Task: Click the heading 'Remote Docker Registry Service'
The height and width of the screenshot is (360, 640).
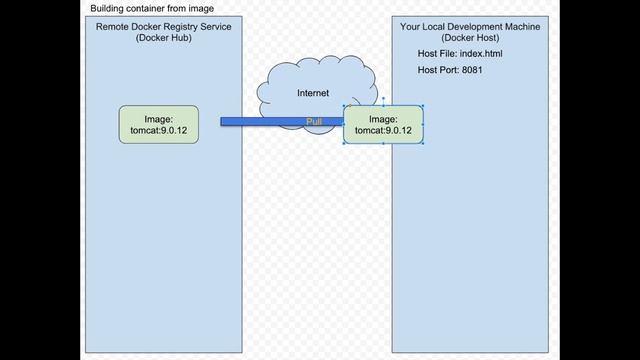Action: [x=164, y=27]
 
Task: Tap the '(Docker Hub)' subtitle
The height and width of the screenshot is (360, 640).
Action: [x=164, y=38]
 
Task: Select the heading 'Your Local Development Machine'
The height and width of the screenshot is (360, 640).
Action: [x=470, y=27]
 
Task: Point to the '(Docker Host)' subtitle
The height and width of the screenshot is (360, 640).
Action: [x=470, y=38]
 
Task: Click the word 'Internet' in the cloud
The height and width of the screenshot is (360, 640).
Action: [x=313, y=93]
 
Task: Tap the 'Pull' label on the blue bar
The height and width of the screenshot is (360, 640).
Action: [x=314, y=121]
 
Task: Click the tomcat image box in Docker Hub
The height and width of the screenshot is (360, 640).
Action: [x=158, y=124]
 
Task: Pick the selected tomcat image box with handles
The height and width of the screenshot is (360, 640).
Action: [x=383, y=124]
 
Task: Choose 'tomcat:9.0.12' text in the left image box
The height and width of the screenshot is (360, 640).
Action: [x=158, y=131]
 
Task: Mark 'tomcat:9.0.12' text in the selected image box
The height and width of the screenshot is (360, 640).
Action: [x=383, y=131]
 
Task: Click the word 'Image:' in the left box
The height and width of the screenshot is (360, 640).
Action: [x=158, y=118]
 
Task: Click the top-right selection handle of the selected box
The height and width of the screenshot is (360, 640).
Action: [x=424, y=105]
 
